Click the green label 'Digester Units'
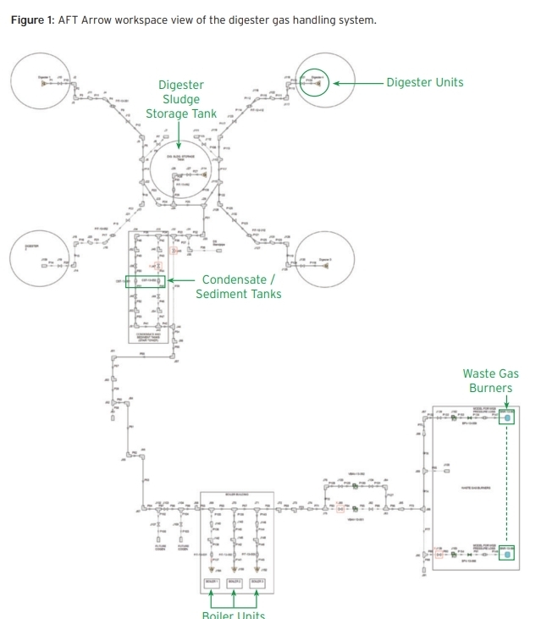425,82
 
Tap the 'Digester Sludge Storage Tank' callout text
180,99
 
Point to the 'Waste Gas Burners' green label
490,380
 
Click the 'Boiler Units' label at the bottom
233,614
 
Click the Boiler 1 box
210,583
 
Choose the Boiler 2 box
233,583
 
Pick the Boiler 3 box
257,583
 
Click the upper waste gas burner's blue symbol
507,417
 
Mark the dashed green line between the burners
507,483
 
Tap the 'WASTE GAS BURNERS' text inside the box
471,487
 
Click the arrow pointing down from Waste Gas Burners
507,404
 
